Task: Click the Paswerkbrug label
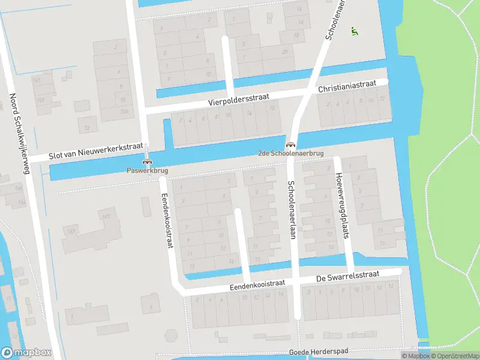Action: click(x=147, y=170)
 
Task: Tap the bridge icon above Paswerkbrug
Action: click(x=147, y=161)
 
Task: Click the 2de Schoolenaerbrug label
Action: click(x=291, y=154)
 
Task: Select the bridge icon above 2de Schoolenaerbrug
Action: click(x=291, y=145)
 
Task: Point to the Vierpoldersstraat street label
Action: click(x=239, y=99)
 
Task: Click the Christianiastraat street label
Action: click(x=347, y=87)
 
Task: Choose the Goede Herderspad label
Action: click(x=319, y=352)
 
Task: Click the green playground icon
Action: click(x=355, y=32)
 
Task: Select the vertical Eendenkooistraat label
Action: click(x=166, y=221)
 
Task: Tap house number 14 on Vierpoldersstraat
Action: click(x=249, y=113)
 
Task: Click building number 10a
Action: click(x=124, y=111)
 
